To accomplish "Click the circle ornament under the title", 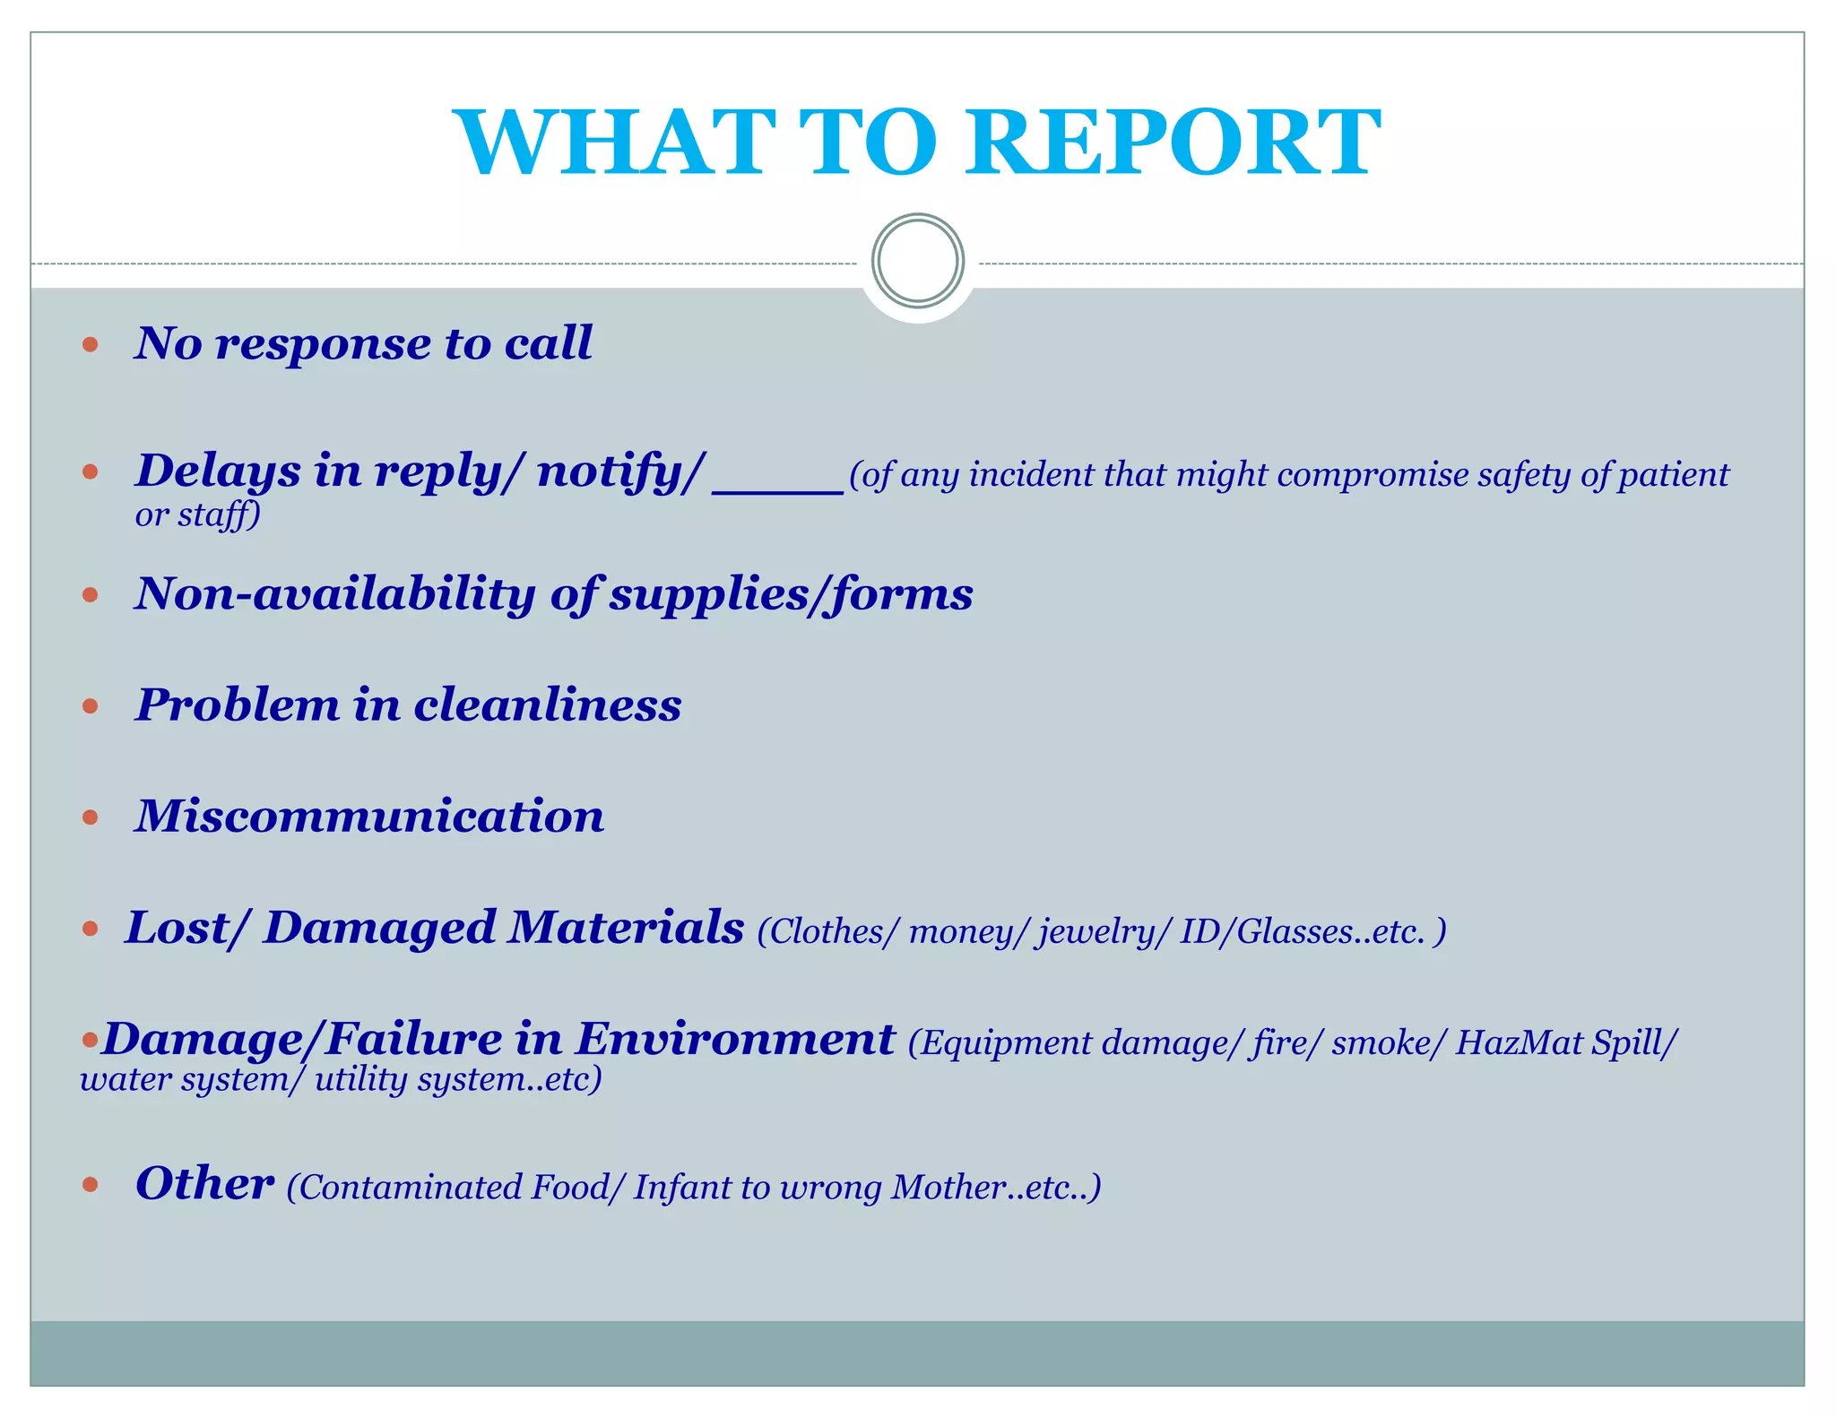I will point(918,261).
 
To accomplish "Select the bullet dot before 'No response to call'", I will point(90,344).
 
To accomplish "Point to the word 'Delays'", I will point(218,471).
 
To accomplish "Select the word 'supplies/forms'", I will point(791,594).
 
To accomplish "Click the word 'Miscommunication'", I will point(369,817).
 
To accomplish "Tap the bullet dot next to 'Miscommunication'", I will point(90,817).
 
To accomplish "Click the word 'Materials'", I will point(625,928).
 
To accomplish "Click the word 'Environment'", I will point(734,1040).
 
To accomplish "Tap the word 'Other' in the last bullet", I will point(204,1183).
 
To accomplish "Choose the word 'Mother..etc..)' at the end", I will point(995,1188).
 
